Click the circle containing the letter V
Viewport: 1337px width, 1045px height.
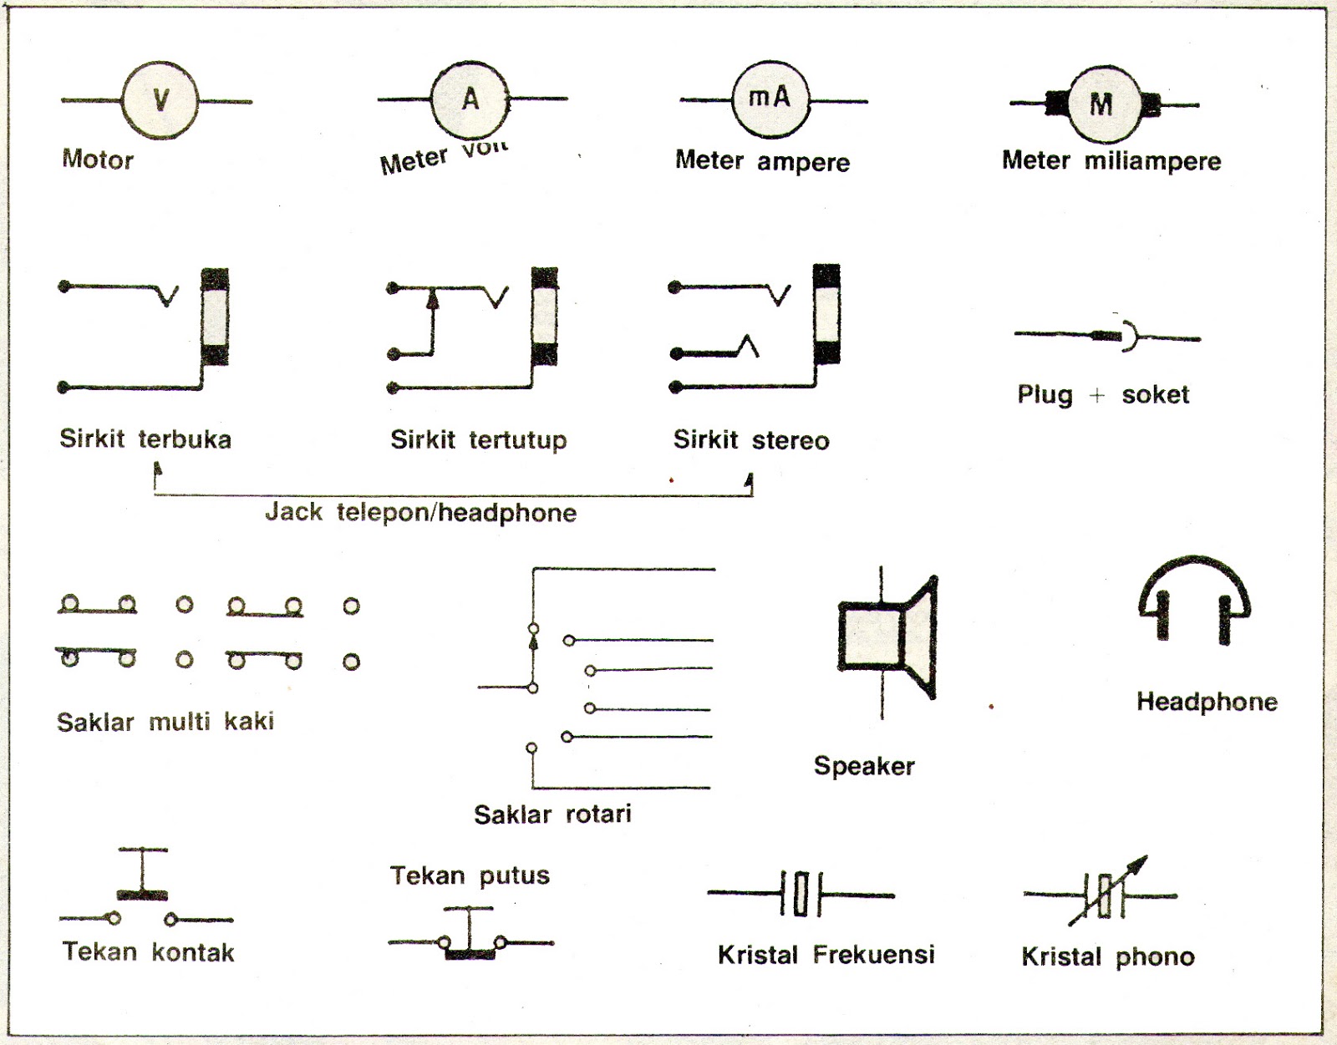click(x=160, y=100)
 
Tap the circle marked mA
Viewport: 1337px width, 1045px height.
click(x=770, y=99)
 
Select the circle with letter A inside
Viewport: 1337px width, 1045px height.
click(x=470, y=99)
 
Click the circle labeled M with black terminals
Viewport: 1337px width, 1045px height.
click(x=1102, y=104)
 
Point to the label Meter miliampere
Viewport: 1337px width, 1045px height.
click(x=1111, y=161)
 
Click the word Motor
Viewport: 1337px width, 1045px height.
click(x=98, y=160)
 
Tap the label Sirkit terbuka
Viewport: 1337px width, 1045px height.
click(x=145, y=439)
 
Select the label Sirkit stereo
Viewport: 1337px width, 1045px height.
click(x=750, y=440)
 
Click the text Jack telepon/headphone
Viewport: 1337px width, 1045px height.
click(x=420, y=512)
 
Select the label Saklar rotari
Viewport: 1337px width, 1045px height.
click(x=552, y=814)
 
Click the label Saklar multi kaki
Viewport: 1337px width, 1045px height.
click(x=165, y=722)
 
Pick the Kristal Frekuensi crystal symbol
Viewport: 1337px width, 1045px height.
click(x=801, y=894)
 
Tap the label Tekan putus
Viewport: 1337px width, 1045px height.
click(x=470, y=875)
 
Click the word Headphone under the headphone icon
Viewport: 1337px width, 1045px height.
click(x=1206, y=702)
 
